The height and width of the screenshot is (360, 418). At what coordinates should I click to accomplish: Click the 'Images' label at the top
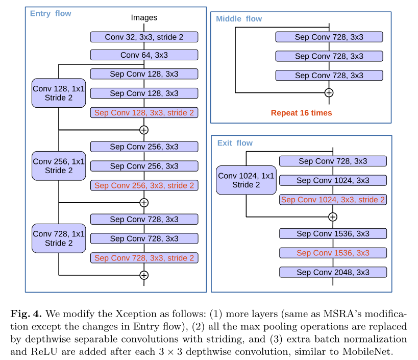tap(144, 18)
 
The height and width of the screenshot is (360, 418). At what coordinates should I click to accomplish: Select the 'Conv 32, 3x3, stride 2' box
tap(144, 37)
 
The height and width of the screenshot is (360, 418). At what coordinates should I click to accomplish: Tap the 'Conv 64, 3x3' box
tap(144, 55)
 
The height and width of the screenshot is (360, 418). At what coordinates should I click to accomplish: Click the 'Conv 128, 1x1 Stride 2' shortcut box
tap(59, 93)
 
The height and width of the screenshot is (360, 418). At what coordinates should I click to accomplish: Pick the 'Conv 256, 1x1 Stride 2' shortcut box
tap(59, 166)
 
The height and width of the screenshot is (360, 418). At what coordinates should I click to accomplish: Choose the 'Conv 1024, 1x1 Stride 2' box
tap(246, 180)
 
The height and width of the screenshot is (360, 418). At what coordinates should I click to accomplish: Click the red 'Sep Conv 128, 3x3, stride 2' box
tap(144, 113)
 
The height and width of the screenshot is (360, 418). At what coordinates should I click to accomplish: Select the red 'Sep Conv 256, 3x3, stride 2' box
tap(144, 185)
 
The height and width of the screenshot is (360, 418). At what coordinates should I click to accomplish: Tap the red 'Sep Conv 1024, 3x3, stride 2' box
tap(333, 200)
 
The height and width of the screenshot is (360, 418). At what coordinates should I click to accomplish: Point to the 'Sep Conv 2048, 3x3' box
tap(333, 272)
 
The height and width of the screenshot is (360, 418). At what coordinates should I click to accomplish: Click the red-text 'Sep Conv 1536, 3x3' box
tap(333, 253)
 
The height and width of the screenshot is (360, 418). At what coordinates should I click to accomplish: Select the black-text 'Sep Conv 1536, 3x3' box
tap(333, 234)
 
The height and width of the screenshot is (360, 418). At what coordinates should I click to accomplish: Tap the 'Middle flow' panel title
tap(239, 19)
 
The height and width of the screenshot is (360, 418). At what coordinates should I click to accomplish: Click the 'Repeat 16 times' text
tap(301, 113)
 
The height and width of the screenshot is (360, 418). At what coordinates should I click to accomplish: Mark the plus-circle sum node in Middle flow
tap(329, 92)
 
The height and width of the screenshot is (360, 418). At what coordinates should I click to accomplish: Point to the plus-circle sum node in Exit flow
tap(333, 217)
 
